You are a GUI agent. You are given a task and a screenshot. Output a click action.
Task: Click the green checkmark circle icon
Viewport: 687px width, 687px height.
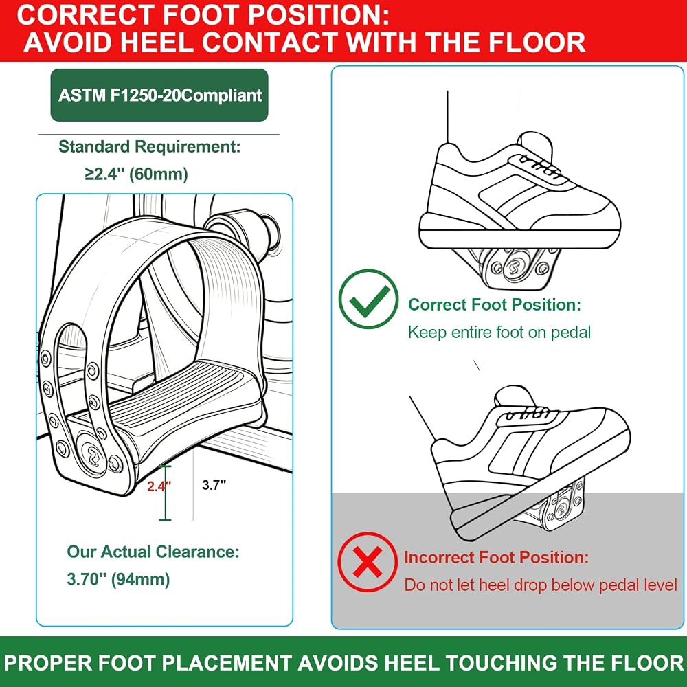point(368,300)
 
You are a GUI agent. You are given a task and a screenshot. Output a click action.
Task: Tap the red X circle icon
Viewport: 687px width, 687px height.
point(368,562)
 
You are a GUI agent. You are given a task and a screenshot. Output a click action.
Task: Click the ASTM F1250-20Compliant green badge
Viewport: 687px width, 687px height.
point(159,95)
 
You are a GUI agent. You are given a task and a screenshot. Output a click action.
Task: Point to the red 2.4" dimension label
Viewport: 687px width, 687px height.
point(159,486)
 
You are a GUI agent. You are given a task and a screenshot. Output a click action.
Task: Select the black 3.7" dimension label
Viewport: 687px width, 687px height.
point(214,485)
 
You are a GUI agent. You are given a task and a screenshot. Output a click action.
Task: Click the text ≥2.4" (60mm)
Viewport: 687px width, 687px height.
point(136,174)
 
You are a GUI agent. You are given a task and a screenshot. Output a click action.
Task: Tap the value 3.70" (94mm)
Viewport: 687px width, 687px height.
point(118,579)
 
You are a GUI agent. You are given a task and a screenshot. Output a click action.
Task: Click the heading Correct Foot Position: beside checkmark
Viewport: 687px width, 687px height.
point(494,304)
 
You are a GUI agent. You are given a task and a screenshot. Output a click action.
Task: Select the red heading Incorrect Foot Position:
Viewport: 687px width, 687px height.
point(497,557)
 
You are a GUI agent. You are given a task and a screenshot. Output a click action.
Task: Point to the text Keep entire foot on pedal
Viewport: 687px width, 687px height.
point(499,332)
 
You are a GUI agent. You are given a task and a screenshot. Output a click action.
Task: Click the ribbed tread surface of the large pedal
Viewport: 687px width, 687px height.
point(184,394)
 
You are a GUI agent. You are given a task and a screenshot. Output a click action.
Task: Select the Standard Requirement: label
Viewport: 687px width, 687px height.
point(149,147)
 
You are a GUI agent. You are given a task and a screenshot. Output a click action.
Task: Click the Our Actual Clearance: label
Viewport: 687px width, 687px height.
point(153,552)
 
